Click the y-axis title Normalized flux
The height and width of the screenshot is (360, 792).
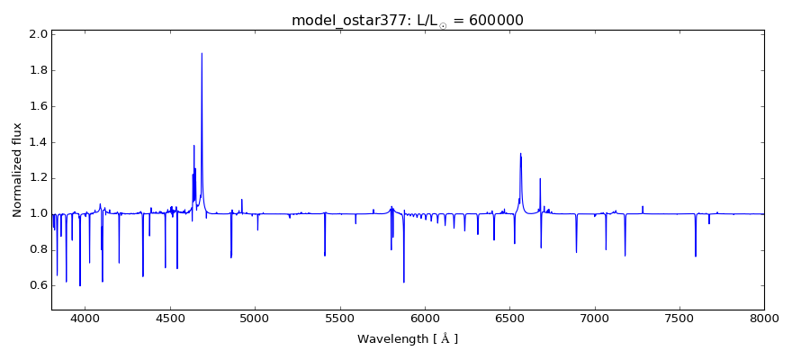tap(18, 170)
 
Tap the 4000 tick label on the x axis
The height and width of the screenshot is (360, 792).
tap(85, 317)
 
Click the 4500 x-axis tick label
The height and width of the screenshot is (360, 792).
tap(170, 317)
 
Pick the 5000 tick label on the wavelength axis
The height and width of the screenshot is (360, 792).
tap(255, 317)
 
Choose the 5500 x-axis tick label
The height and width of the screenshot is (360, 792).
tap(339, 317)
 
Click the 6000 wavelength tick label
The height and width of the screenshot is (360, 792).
tap(425, 317)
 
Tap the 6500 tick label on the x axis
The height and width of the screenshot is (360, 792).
tap(509, 317)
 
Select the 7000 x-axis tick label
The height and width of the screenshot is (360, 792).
tap(595, 317)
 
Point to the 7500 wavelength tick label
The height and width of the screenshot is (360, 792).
tap(679, 317)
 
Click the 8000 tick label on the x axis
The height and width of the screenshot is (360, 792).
tap(763, 317)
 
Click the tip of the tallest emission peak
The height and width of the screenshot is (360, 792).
tap(202, 53)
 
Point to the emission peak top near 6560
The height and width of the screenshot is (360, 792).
tap(520, 154)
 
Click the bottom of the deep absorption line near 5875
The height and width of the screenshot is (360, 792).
tap(404, 282)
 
